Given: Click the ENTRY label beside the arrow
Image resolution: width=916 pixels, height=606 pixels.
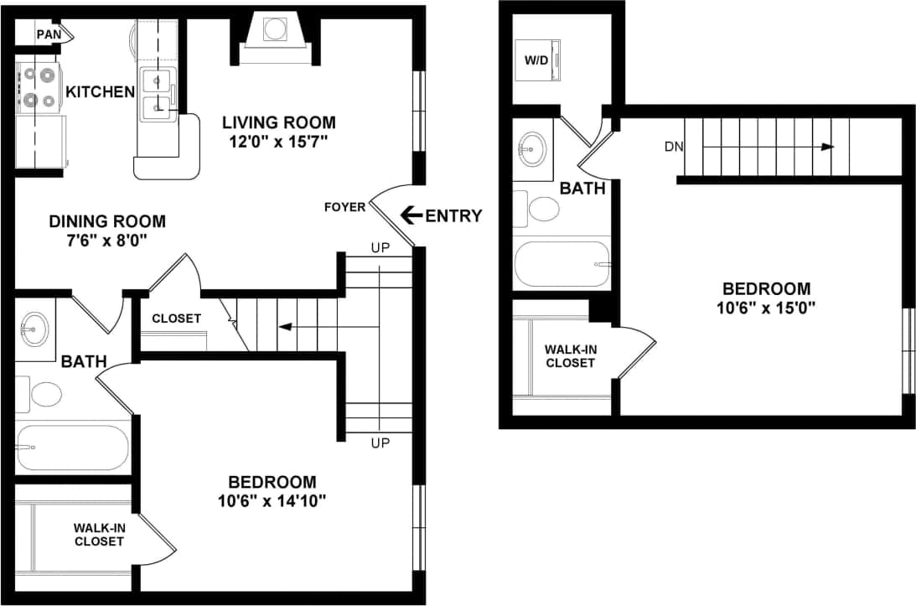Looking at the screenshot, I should [x=453, y=216].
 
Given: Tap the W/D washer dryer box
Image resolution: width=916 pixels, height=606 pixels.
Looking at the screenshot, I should [x=537, y=60].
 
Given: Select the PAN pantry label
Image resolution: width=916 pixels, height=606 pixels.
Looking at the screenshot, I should [x=48, y=34].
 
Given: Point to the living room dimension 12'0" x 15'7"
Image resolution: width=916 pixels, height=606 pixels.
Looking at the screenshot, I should [x=278, y=141].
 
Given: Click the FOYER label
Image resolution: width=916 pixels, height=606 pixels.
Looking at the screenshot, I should [x=344, y=207].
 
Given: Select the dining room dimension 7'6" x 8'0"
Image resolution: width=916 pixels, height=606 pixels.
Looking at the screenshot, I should [x=106, y=240].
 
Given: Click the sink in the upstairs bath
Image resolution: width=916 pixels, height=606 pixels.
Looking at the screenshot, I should [x=532, y=150].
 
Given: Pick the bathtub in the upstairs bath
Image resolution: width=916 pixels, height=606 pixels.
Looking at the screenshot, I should [x=562, y=264].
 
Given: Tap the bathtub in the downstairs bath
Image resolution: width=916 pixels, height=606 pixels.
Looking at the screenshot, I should [x=72, y=448].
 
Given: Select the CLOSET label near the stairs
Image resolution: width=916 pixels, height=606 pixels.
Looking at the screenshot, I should [x=176, y=319].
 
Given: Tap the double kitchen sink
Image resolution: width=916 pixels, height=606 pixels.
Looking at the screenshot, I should [x=157, y=93].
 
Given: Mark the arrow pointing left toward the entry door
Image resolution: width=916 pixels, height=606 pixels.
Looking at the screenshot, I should [x=411, y=215].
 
